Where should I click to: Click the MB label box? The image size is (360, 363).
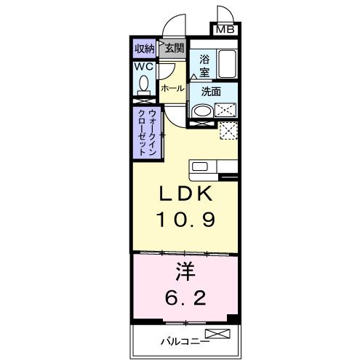click(x=225, y=30)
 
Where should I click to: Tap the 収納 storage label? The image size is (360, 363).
click(x=145, y=49)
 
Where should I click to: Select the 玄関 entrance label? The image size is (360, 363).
click(x=174, y=49)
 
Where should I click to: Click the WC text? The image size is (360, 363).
click(x=143, y=66)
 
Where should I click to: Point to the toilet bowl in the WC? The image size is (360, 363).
click(x=144, y=83)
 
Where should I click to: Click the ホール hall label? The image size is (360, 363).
click(x=172, y=89)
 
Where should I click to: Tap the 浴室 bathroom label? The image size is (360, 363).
click(x=204, y=66)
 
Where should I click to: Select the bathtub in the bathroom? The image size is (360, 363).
click(x=227, y=63)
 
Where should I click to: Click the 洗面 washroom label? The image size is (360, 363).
click(x=211, y=92)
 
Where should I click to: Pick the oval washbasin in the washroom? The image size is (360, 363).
click(x=202, y=111)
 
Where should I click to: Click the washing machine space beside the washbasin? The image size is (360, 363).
click(x=225, y=110)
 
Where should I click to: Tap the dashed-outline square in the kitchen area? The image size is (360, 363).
click(x=228, y=130)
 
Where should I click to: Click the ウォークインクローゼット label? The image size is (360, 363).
click(x=147, y=132)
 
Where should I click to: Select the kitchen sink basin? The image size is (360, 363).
click(x=200, y=167)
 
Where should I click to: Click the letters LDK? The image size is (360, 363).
click(x=185, y=194)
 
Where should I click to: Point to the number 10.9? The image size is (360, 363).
click(x=186, y=220)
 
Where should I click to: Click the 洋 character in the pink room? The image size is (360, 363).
click(x=185, y=271)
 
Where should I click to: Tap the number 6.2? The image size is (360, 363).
click(x=185, y=298)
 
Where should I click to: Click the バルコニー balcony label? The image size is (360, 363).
click(x=185, y=342)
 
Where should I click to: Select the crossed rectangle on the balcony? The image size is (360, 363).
click(x=217, y=333)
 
